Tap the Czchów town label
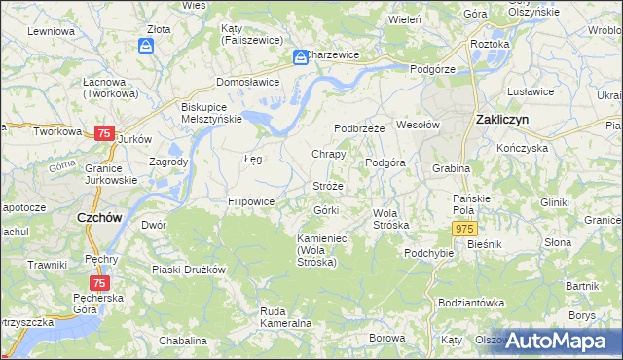point(98,218)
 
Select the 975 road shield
point(464,227)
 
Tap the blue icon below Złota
point(146,46)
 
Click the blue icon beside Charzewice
point(301,58)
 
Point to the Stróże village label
point(328,185)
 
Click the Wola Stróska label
point(391,218)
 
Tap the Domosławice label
point(247,82)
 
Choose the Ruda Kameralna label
point(285,317)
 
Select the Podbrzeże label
point(360,127)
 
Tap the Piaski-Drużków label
point(189,269)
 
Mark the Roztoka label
point(490,45)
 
